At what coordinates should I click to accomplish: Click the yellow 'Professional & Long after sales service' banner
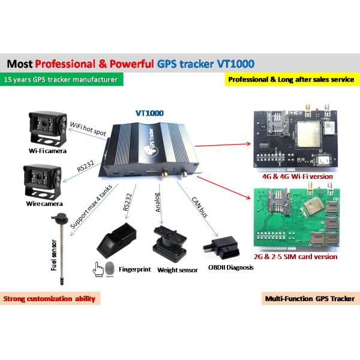click(x=291, y=79)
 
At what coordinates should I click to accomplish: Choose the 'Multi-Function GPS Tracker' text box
click(x=309, y=298)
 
